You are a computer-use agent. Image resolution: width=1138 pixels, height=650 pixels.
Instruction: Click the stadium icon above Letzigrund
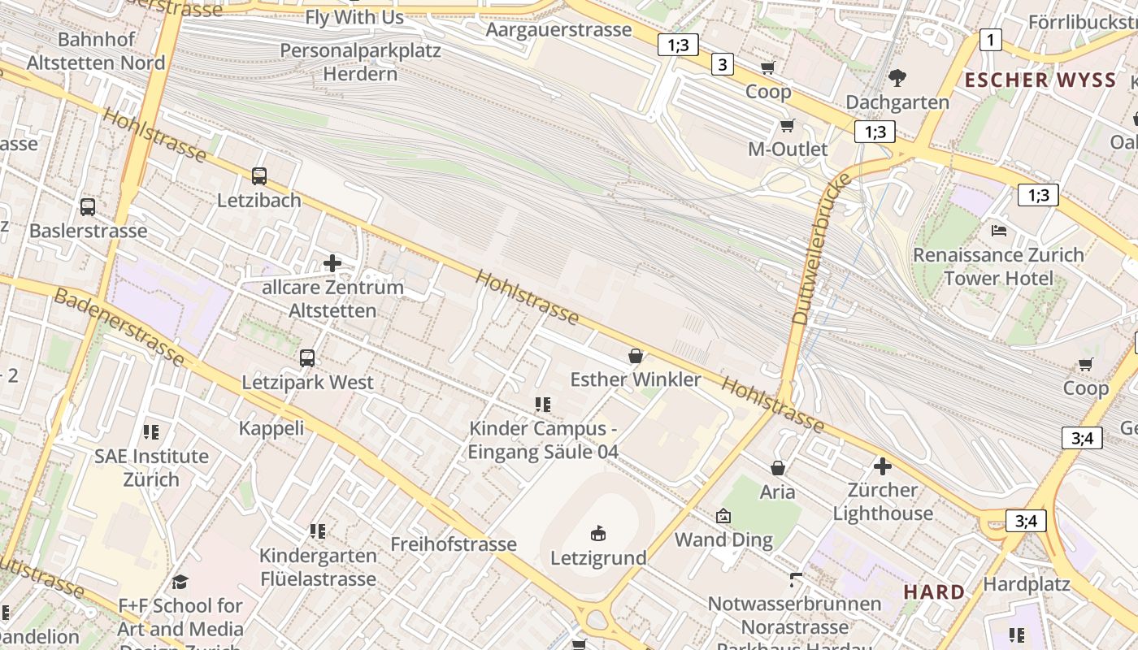[x=598, y=533]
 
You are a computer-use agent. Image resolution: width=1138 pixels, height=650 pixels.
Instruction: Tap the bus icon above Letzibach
[x=259, y=175]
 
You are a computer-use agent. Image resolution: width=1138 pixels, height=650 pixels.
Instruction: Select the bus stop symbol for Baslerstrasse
[x=88, y=206]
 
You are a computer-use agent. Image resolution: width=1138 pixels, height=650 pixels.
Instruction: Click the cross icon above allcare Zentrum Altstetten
[x=332, y=262]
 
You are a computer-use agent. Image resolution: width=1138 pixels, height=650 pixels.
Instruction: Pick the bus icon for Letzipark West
[x=307, y=357]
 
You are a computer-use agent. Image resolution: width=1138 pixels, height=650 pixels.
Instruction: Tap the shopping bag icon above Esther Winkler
[x=636, y=355]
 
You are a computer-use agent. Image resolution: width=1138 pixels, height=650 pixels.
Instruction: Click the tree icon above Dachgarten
[x=897, y=78]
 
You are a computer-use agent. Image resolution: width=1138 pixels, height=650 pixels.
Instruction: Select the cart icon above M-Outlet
[x=787, y=125]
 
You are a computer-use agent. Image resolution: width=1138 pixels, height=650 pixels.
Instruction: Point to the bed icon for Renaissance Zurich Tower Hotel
[x=999, y=231]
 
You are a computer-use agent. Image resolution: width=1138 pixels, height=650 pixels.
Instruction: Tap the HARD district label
[x=935, y=591]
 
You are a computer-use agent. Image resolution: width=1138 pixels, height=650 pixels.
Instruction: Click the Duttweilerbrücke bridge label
[x=821, y=249]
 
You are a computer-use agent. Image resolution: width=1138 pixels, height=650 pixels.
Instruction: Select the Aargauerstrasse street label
[x=558, y=30]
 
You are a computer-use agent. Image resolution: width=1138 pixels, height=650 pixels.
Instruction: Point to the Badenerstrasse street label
[x=119, y=327]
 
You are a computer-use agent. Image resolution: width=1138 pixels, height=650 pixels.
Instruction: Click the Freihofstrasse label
[x=454, y=544]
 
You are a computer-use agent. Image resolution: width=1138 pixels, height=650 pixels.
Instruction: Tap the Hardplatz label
[x=1027, y=583]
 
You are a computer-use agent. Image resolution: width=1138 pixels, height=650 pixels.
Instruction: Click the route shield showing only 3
[x=722, y=63]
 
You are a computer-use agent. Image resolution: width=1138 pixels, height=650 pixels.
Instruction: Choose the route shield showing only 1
[x=990, y=39]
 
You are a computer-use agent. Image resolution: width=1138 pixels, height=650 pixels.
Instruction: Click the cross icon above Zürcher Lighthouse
[x=883, y=466]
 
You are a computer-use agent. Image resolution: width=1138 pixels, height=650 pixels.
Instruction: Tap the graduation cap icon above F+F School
[x=180, y=582]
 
